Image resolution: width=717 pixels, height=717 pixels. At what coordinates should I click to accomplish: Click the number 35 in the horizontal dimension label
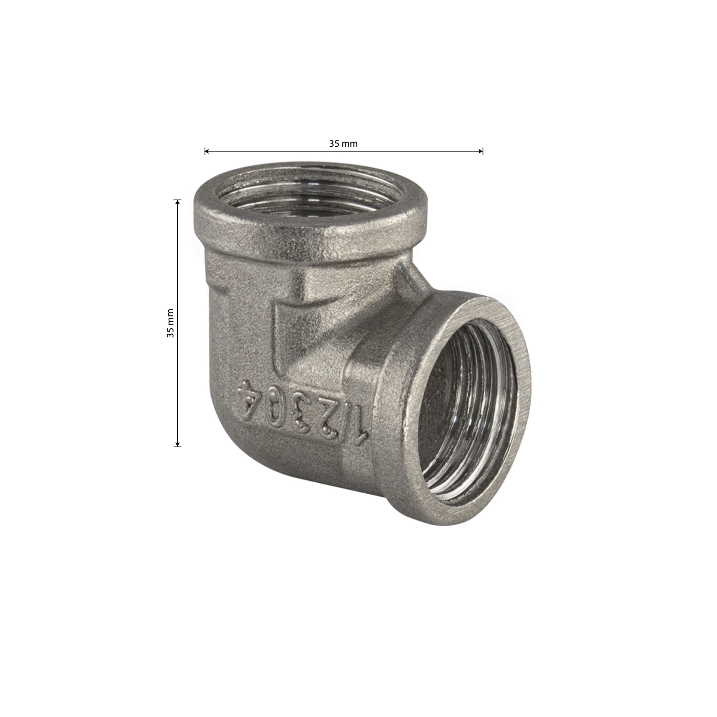click(x=333, y=143)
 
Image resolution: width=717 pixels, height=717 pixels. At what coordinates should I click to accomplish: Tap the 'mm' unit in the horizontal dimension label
click(x=350, y=144)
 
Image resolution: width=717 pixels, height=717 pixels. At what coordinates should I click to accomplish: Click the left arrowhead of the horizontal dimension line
click(x=207, y=152)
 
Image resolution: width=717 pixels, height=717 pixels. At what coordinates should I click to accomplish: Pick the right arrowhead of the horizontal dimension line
click(x=481, y=152)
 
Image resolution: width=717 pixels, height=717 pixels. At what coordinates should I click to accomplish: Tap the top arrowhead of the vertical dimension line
click(x=178, y=202)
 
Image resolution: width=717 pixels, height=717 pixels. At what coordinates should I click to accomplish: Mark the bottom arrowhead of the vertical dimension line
click(x=178, y=443)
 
